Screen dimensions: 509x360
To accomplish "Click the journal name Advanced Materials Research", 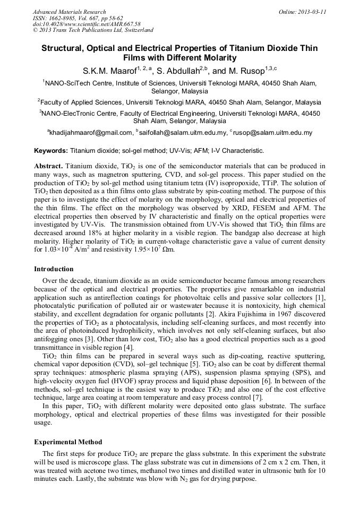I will tap(70, 12).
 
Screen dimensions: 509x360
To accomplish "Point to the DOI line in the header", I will tap(87, 24).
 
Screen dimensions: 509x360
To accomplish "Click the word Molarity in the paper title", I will tap(215, 58).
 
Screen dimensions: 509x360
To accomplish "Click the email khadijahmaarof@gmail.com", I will tap(91, 133).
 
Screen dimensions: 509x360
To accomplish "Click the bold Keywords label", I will tap(51, 151).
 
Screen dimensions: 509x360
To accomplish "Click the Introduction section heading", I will tap(54, 269).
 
